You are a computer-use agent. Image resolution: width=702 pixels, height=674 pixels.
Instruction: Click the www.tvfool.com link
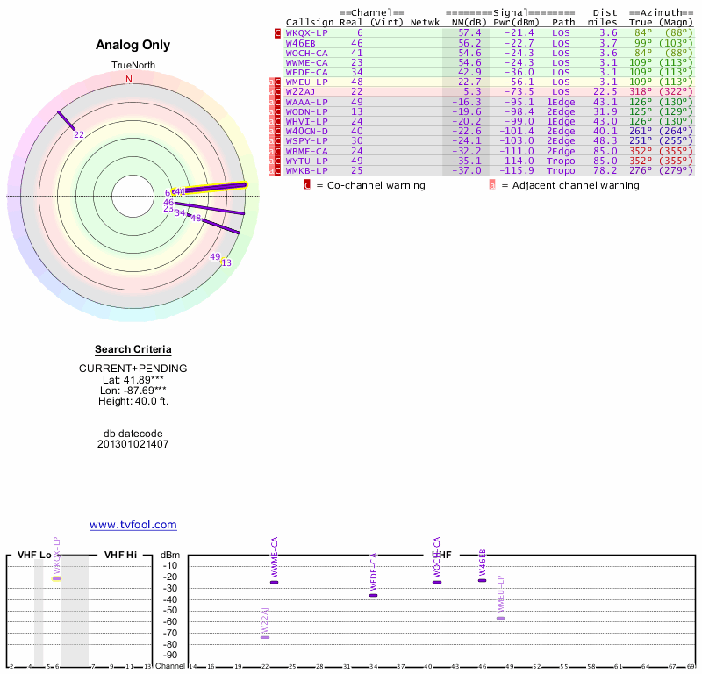click(x=133, y=525)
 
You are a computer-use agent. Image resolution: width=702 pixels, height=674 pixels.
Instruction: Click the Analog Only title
click(x=133, y=46)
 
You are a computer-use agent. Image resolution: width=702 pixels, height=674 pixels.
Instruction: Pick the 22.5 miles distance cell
click(x=605, y=91)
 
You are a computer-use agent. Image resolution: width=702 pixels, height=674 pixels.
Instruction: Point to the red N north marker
click(x=129, y=79)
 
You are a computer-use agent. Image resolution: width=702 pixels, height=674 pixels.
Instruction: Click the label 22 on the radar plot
click(x=79, y=134)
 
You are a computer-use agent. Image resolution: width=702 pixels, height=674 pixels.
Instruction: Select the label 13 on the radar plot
click(x=226, y=262)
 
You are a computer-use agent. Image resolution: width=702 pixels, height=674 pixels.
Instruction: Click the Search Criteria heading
click(x=133, y=349)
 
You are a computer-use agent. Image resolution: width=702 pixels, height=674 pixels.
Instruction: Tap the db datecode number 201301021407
click(x=133, y=444)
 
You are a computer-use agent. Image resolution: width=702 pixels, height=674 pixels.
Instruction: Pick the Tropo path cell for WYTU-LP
click(x=562, y=161)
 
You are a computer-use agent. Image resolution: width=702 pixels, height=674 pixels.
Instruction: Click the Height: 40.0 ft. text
click(x=133, y=401)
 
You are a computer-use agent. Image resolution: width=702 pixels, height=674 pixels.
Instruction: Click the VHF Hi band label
click(x=120, y=555)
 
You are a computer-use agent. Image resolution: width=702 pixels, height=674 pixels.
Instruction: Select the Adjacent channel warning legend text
click(x=569, y=185)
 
